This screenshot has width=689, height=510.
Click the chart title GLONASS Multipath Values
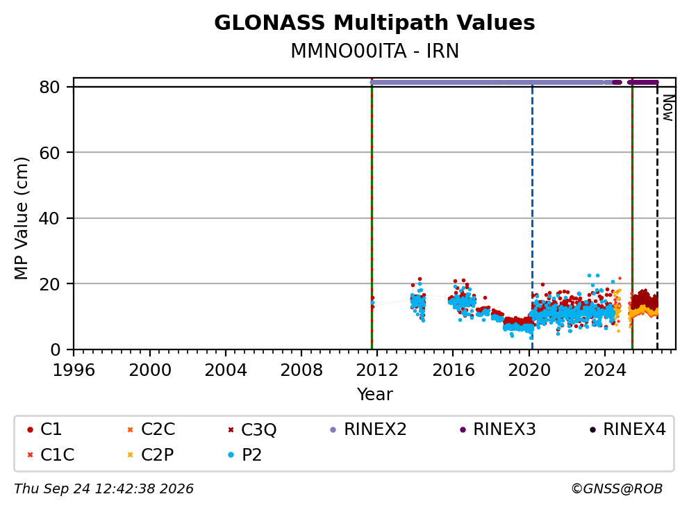pyautogui.click(x=374, y=23)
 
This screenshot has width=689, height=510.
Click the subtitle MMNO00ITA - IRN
pyautogui.click(x=374, y=51)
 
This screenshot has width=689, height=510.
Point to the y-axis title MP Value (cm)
pyautogui.click(x=21, y=218)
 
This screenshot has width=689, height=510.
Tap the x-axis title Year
pyautogui.click(x=374, y=394)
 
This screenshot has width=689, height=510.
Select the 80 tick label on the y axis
pyautogui.click(x=49, y=87)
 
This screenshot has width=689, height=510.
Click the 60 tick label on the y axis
pyautogui.click(x=49, y=153)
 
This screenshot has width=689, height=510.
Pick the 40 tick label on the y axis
pyautogui.click(x=49, y=218)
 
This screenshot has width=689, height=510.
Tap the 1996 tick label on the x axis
pyautogui.click(x=74, y=370)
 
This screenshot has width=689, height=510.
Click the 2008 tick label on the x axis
pyautogui.click(x=301, y=370)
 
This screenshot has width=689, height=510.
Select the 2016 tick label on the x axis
pyautogui.click(x=453, y=370)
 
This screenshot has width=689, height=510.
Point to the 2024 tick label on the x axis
pyautogui.click(x=605, y=370)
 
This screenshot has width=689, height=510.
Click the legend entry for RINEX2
pyautogui.click(x=368, y=429)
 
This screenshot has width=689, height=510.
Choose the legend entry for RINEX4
pyautogui.click(x=627, y=429)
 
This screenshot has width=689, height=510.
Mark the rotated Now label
pyautogui.click(x=668, y=108)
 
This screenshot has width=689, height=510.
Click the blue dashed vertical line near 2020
pyautogui.click(x=532, y=217)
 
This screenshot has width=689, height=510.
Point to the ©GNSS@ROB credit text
pyautogui.click(x=617, y=488)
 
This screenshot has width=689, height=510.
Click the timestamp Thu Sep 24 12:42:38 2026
pyautogui.click(x=103, y=488)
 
